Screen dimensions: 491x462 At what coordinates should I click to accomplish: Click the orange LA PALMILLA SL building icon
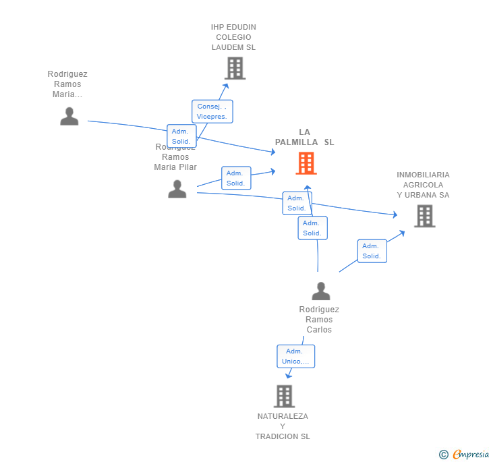click(x=306, y=163)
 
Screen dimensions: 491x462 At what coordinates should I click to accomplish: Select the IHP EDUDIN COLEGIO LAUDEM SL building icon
click(x=235, y=68)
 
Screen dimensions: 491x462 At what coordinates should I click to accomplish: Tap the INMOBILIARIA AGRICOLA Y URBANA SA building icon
click(x=424, y=216)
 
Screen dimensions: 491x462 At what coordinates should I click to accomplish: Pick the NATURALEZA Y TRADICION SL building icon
click(x=284, y=396)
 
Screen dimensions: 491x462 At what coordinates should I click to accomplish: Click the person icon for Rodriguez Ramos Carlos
click(x=321, y=291)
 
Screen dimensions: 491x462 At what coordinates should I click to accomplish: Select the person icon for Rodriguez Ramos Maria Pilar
click(x=177, y=189)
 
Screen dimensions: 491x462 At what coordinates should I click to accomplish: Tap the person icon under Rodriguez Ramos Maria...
click(x=69, y=116)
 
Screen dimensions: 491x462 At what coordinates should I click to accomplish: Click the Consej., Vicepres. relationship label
click(x=212, y=111)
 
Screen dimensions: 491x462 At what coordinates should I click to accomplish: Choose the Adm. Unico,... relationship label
click(x=295, y=356)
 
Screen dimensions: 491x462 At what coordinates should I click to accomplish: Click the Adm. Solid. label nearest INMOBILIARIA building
click(x=372, y=251)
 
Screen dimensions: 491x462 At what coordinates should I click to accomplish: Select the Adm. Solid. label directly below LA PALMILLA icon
click(x=312, y=228)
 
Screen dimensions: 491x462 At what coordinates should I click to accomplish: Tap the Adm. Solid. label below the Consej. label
click(x=181, y=136)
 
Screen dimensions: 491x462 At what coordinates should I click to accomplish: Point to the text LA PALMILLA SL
click(x=304, y=137)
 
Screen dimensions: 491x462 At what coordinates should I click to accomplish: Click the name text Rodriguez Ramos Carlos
click(x=319, y=320)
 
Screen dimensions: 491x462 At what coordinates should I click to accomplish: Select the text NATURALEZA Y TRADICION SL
click(x=283, y=426)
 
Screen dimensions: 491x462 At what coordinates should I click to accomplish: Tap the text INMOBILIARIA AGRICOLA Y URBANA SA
click(x=423, y=185)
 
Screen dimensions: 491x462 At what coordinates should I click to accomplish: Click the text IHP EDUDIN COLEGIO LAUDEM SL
click(x=233, y=37)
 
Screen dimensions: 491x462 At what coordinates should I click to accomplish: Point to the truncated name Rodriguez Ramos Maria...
click(x=67, y=84)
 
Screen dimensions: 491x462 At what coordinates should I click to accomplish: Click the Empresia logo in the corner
click(x=470, y=454)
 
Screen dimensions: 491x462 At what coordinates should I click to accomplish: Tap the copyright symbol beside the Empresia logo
click(x=444, y=455)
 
